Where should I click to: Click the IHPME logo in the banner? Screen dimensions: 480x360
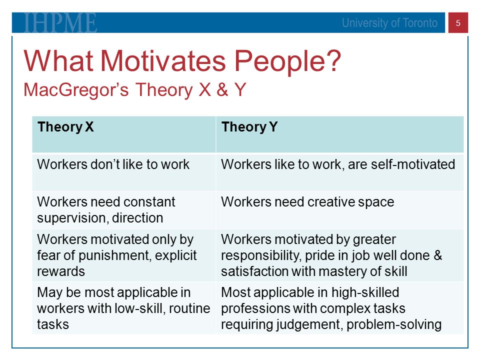60,22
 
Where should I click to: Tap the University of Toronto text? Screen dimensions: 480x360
389,23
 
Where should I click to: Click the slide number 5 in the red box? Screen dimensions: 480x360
458,23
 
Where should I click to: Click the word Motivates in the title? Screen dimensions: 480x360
163,61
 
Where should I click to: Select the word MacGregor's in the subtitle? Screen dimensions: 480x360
76,90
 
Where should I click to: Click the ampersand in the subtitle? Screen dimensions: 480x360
222,89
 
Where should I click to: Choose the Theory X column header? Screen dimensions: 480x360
65,126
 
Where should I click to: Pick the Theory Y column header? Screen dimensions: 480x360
249,126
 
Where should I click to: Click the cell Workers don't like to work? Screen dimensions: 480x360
113,164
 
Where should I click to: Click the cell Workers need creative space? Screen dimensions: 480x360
307,202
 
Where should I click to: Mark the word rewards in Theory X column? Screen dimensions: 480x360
61,271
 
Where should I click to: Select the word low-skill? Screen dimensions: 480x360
140,308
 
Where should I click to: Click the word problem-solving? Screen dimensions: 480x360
394,325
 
